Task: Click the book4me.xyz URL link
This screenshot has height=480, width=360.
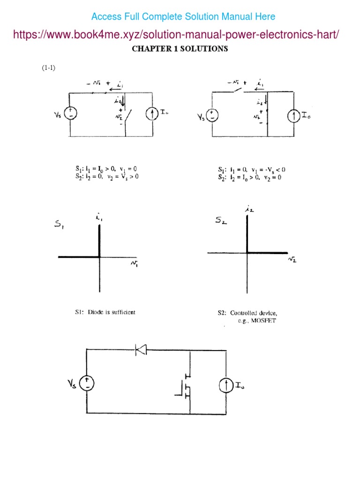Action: click(176, 34)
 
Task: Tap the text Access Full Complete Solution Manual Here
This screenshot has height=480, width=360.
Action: click(183, 17)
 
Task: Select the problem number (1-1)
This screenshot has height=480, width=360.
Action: click(48, 67)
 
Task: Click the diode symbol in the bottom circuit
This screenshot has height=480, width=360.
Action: click(141, 349)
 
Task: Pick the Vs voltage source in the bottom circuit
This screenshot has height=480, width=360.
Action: click(87, 384)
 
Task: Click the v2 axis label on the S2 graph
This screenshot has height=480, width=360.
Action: click(292, 259)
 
